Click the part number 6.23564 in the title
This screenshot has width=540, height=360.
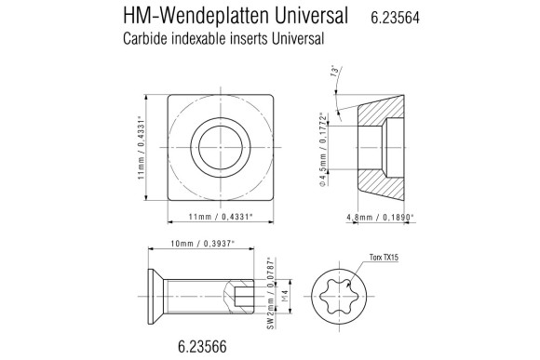399,17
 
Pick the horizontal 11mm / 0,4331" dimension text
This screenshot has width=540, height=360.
221,217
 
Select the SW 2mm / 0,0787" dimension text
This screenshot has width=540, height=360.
270,294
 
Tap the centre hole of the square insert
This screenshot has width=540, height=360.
221,146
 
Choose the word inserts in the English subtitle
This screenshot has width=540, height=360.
250,39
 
